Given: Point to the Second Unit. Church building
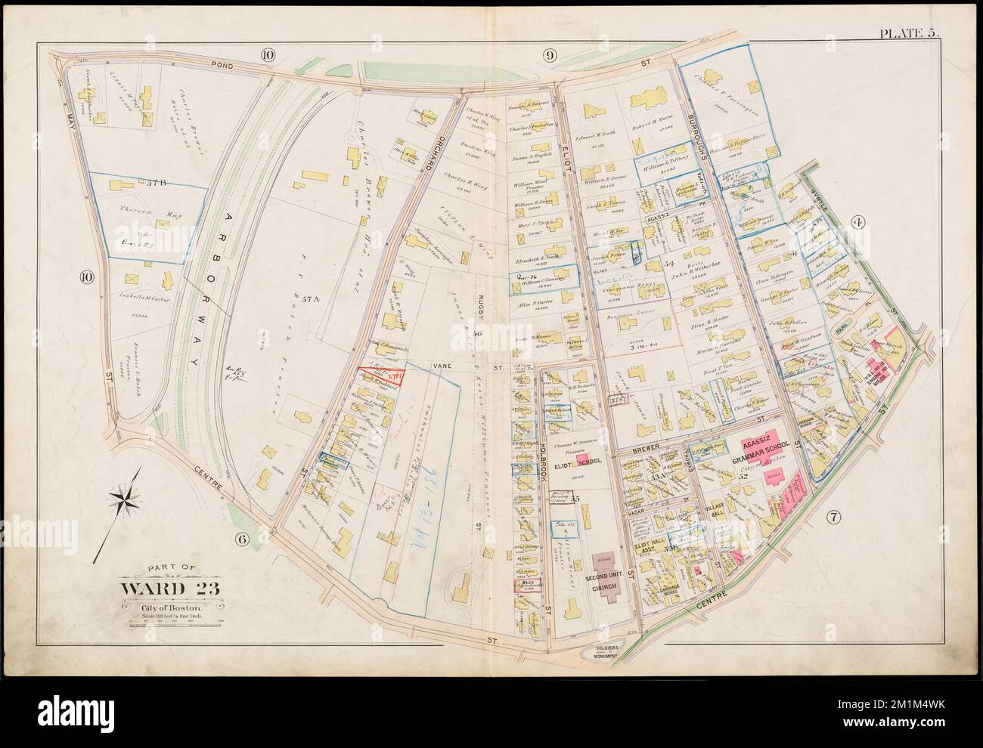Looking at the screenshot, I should [x=603, y=576].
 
